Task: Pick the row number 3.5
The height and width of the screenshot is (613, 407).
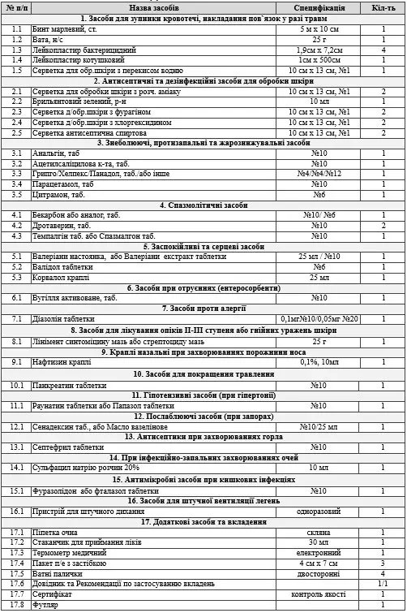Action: coord(15,195)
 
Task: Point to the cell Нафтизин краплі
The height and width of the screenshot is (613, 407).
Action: coord(61,362)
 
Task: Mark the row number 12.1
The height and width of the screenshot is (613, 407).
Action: coord(15,425)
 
